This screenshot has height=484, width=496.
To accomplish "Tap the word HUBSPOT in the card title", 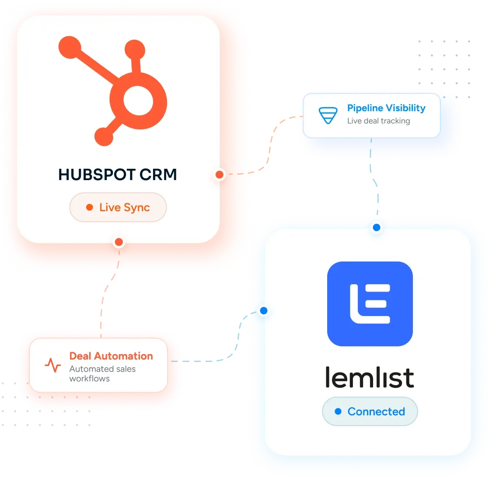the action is click(97, 174).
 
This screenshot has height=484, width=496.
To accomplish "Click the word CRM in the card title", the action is click(158, 174).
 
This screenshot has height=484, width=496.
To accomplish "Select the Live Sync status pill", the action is click(118, 207).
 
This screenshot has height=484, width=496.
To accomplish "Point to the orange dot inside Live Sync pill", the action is click(90, 207).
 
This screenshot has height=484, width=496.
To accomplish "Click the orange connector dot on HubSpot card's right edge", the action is click(220, 174).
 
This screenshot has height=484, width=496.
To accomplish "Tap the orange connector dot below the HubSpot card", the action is click(119, 242).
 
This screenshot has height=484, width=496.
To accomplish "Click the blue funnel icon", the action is click(328, 115).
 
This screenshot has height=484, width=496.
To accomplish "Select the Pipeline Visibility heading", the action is click(386, 108).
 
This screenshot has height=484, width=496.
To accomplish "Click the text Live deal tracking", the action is click(379, 121).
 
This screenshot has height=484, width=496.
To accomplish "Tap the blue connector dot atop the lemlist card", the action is click(377, 227).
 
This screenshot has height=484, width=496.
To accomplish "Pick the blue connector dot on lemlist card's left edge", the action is click(264, 311).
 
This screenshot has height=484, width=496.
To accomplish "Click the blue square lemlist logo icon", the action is click(370, 304).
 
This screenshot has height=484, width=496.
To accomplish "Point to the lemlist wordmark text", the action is click(370, 377).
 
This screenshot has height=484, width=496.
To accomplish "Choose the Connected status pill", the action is click(370, 411).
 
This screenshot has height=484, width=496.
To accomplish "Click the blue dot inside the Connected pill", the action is click(338, 411).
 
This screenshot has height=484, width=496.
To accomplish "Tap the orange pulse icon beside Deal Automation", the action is click(53, 365).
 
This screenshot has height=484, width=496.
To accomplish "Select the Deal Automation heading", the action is click(111, 356).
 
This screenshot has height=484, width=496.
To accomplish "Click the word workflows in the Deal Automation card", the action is click(90, 378).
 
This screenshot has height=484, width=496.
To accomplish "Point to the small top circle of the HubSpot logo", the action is click(135, 50).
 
